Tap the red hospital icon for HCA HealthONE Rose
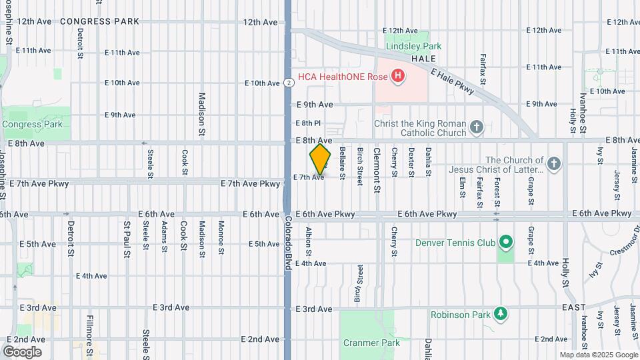coord(398,76)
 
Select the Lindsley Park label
coord(413,47)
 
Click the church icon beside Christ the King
coord(476,127)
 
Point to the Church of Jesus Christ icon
coord(553,164)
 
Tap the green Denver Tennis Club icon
coord(506,242)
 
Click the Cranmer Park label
coord(371,343)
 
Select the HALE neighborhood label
coord(423,59)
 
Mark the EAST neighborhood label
coord(573,307)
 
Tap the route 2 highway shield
coord(288,83)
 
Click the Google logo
coord(22,352)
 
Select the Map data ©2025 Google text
coord(598,355)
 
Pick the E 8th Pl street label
coord(308,123)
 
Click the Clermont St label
coord(377,171)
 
